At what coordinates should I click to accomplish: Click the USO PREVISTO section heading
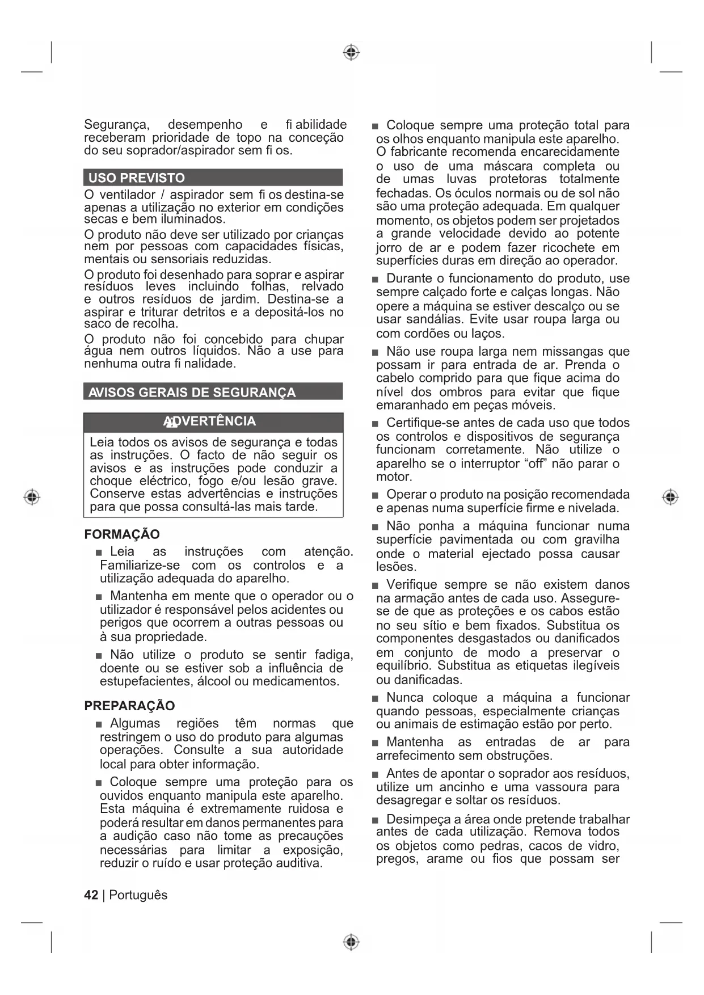click(x=137, y=178)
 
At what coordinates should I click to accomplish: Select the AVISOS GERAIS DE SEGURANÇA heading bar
click(x=192, y=393)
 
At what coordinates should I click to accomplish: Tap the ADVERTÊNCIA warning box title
click(x=210, y=421)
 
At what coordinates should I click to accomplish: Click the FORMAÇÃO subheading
click(x=122, y=534)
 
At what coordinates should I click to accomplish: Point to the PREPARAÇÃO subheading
click(x=129, y=706)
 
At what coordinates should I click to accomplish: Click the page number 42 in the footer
click(x=91, y=895)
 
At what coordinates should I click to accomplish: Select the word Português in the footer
click(x=138, y=895)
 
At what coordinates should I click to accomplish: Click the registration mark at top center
click(x=351, y=53)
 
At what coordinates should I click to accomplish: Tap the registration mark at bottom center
click(x=351, y=942)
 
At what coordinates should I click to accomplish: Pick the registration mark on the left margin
click(x=32, y=497)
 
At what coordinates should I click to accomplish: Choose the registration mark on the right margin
click(x=670, y=497)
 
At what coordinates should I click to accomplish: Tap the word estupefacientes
click(x=146, y=681)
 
